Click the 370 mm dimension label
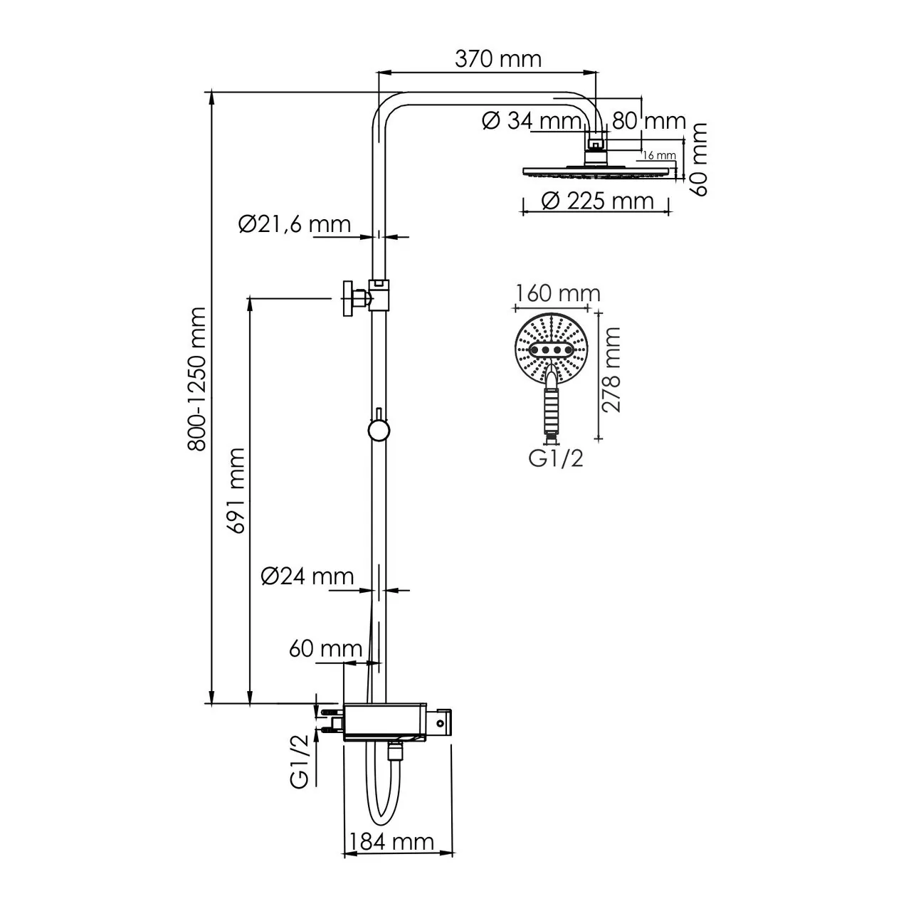click(497, 58)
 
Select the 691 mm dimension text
click(236, 490)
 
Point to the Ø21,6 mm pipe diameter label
click(295, 225)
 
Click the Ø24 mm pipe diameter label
click(307, 576)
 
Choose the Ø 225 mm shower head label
click(596, 201)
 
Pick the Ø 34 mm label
click(532, 121)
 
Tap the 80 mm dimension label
click(648, 121)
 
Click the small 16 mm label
click(658, 154)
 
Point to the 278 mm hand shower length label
click(611, 370)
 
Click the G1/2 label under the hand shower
click(555, 459)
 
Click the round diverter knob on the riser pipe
click(378, 431)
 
